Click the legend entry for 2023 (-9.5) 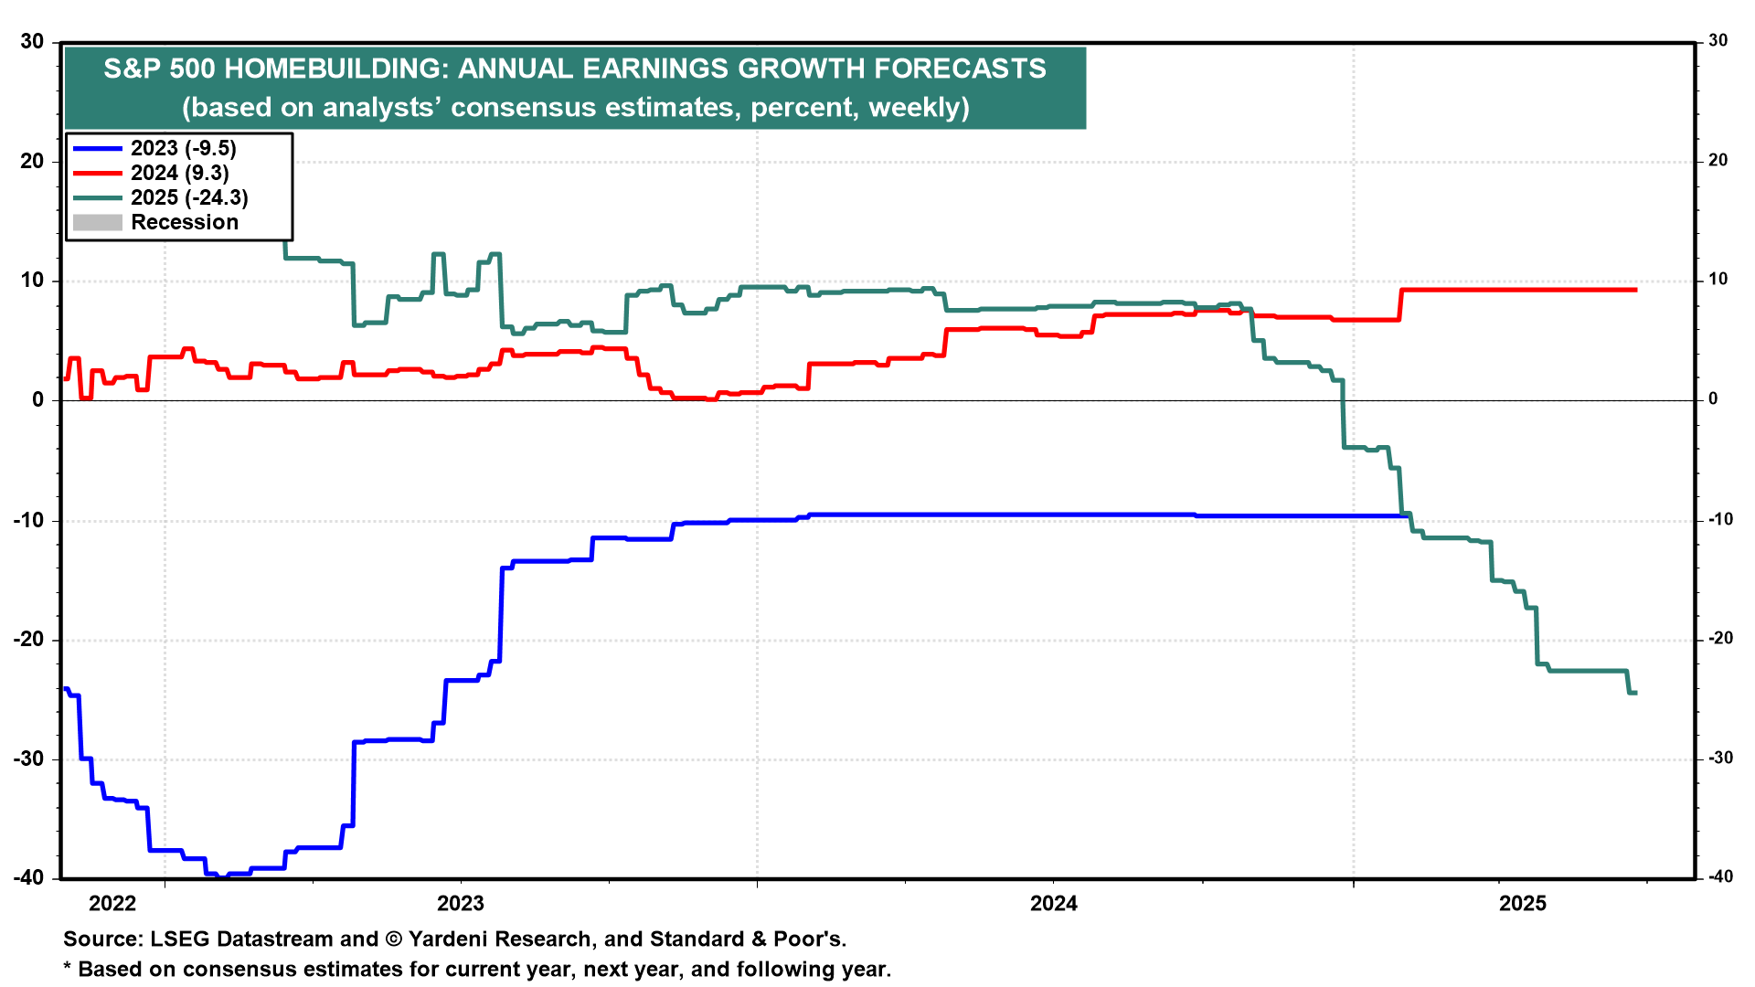point(183,148)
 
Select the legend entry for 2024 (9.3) point(179,173)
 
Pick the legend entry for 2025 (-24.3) point(189,197)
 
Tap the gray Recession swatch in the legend point(97,222)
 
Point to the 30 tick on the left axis point(32,41)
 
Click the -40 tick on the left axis point(28,877)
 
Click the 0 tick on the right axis point(1713,399)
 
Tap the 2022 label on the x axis point(112,904)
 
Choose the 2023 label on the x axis point(461,904)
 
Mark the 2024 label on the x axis point(1054,904)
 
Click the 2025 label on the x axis point(1523,904)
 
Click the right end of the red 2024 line point(1636,290)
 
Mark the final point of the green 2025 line point(1636,693)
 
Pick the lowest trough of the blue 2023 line point(222,876)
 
